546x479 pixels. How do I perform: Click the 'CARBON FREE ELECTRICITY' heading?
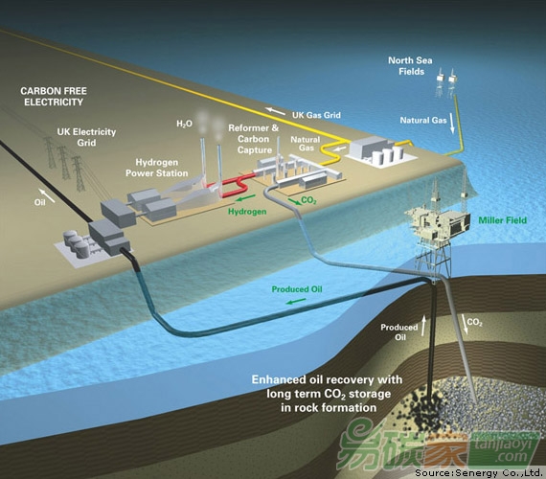pyautogui.click(x=54, y=97)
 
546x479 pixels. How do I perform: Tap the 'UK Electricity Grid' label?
pyautogui.click(x=86, y=137)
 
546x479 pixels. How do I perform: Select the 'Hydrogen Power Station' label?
pyautogui.click(x=157, y=168)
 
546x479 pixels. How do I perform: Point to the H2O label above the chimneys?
pyautogui.click(x=184, y=124)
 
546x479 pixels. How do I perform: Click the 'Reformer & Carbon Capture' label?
pyautogui.click(x=254, y=139)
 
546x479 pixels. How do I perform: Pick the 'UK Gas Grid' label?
pyautogui.click(x=316, y=115)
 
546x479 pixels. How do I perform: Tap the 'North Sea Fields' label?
pyautogui.click(x=411, y=66)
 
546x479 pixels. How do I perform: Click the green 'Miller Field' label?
pyautogui.click(x=503, y=220)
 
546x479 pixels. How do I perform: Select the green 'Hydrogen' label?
pyautogui.click(x=247, y=212)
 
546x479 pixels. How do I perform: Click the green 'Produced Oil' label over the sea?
pyautogui.click(x=297, y=289)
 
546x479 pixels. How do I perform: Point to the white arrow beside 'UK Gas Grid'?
pyautogui.click(x=276, y=111)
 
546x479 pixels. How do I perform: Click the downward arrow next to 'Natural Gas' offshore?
pyautogui.click(x=452, y=124)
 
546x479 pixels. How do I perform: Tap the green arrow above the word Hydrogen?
pyautogui.click(x=245, y=199)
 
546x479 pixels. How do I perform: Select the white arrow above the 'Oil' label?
pyautogui.click(x=47, y=195)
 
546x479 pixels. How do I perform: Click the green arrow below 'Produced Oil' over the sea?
pyautogui.click(x=296, y=301)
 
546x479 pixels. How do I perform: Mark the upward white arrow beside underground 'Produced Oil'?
pyautogui.click(x=423, y=326)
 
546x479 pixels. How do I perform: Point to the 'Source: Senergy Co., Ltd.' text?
pyautogui.click(x=479, y=473)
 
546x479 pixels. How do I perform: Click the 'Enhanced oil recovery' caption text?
pyautogui.click(x=328, y=394)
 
